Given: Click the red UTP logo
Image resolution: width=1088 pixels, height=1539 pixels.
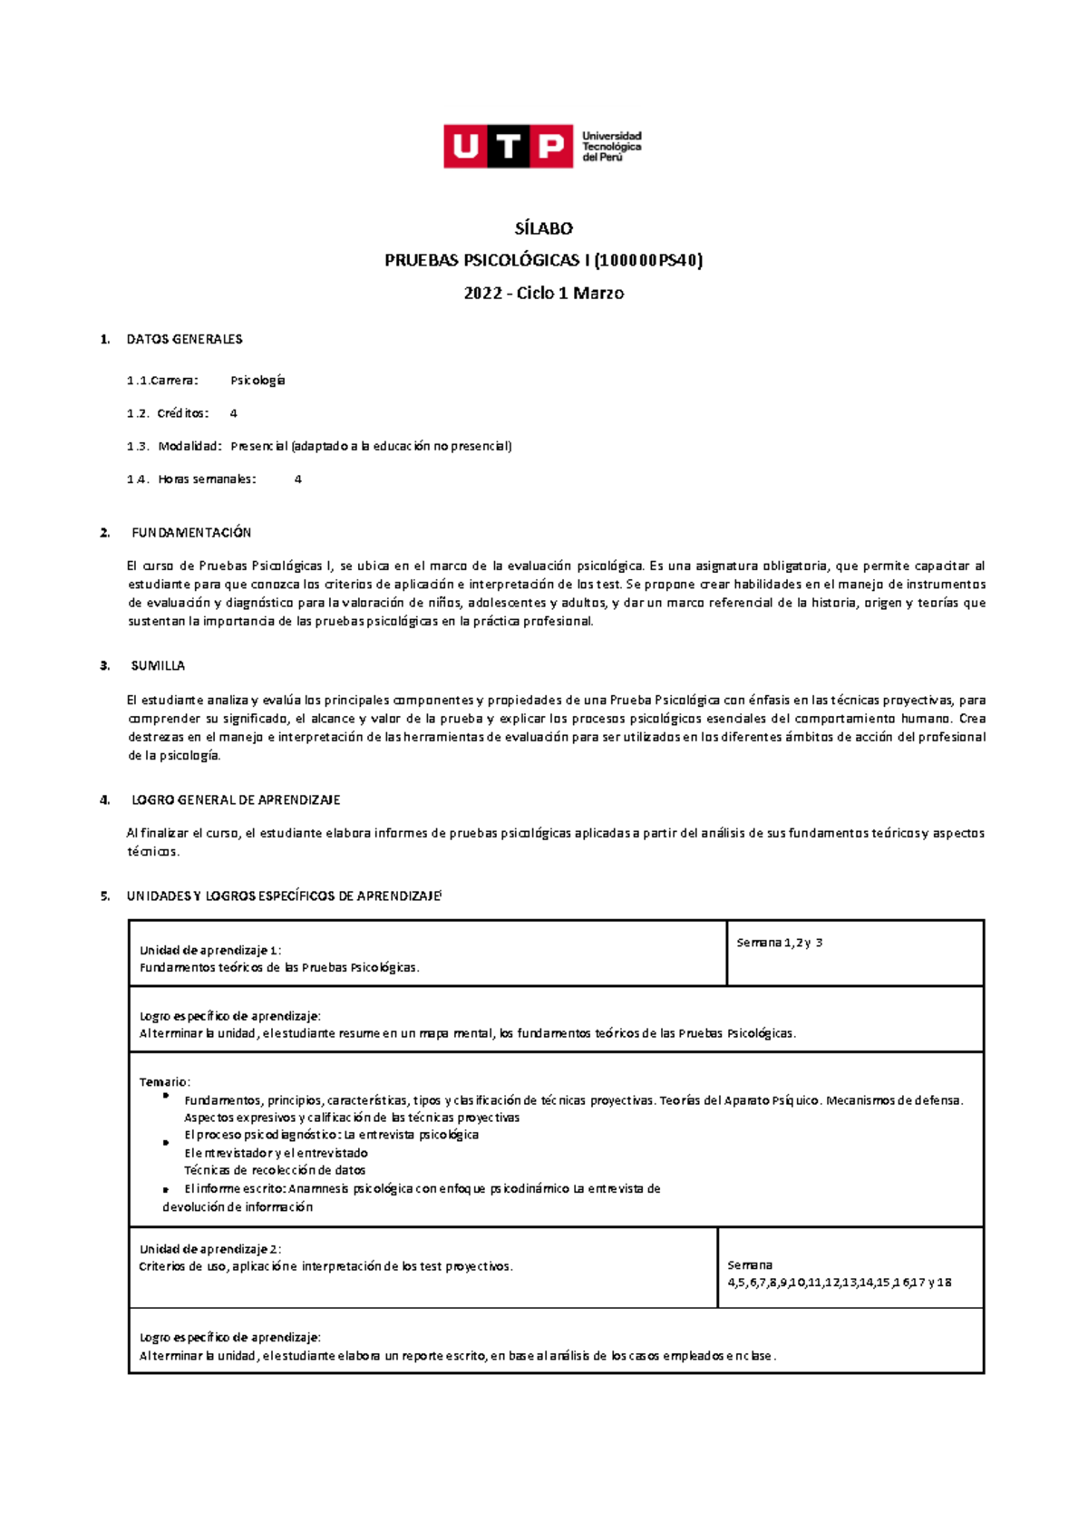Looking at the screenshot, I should pyautogui.click(x=508, y=146).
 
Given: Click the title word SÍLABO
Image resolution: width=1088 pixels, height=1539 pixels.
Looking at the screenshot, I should pyautogui.click(x=543, y=228).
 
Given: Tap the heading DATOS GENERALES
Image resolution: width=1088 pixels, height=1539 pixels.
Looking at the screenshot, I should pyautogui.click(x=184, y=339).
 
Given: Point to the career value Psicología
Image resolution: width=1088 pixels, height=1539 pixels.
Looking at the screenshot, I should pyautogui.click(x=257, y=381).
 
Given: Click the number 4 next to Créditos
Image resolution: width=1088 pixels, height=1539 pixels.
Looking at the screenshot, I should pyautogui.click(x=234, y=413).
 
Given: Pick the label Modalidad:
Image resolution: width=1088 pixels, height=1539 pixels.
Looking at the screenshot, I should pyautogui.click(x=189, y=446).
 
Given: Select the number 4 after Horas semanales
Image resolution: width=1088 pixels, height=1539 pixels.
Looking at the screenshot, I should pyautogui.click(x=298, y=479).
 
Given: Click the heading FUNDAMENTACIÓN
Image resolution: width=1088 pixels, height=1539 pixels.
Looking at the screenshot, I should pyautogui.click(x=191, y=533).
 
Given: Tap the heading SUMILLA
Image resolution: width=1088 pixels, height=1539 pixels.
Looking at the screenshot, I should pyautogui.click(x=158, y=666).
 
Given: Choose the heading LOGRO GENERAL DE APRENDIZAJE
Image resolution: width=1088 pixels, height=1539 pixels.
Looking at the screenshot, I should pyautogui.click(x=236, y=800).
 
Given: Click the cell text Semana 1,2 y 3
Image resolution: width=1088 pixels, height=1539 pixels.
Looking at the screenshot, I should pyautogui.click(x=779, y=943).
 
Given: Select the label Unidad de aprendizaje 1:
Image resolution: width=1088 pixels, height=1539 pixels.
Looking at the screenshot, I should pyautogui.click(x=210, y=951).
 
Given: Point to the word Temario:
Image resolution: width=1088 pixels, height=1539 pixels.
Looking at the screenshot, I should pyautogui.click(x=164, y=1082).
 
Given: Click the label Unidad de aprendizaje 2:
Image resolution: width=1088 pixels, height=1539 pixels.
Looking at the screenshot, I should pyautogui.click(x=210, y=1250).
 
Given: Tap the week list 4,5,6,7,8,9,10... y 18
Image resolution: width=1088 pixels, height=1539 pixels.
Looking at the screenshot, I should pyautogui.click(x=840, y=1282).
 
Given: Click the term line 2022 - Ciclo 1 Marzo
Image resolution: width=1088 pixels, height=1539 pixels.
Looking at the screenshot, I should pyautogui.click(x=543, y=294).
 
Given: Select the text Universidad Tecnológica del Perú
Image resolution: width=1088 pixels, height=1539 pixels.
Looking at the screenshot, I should pyautogui.click(x=611, y=146).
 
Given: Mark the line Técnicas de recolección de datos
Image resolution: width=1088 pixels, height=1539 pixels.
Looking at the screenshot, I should pyautogui.click(x=275, y=1170).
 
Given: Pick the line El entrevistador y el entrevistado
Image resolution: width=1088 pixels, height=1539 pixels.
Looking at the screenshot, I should pyautogui.click(x=276, y=1153).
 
